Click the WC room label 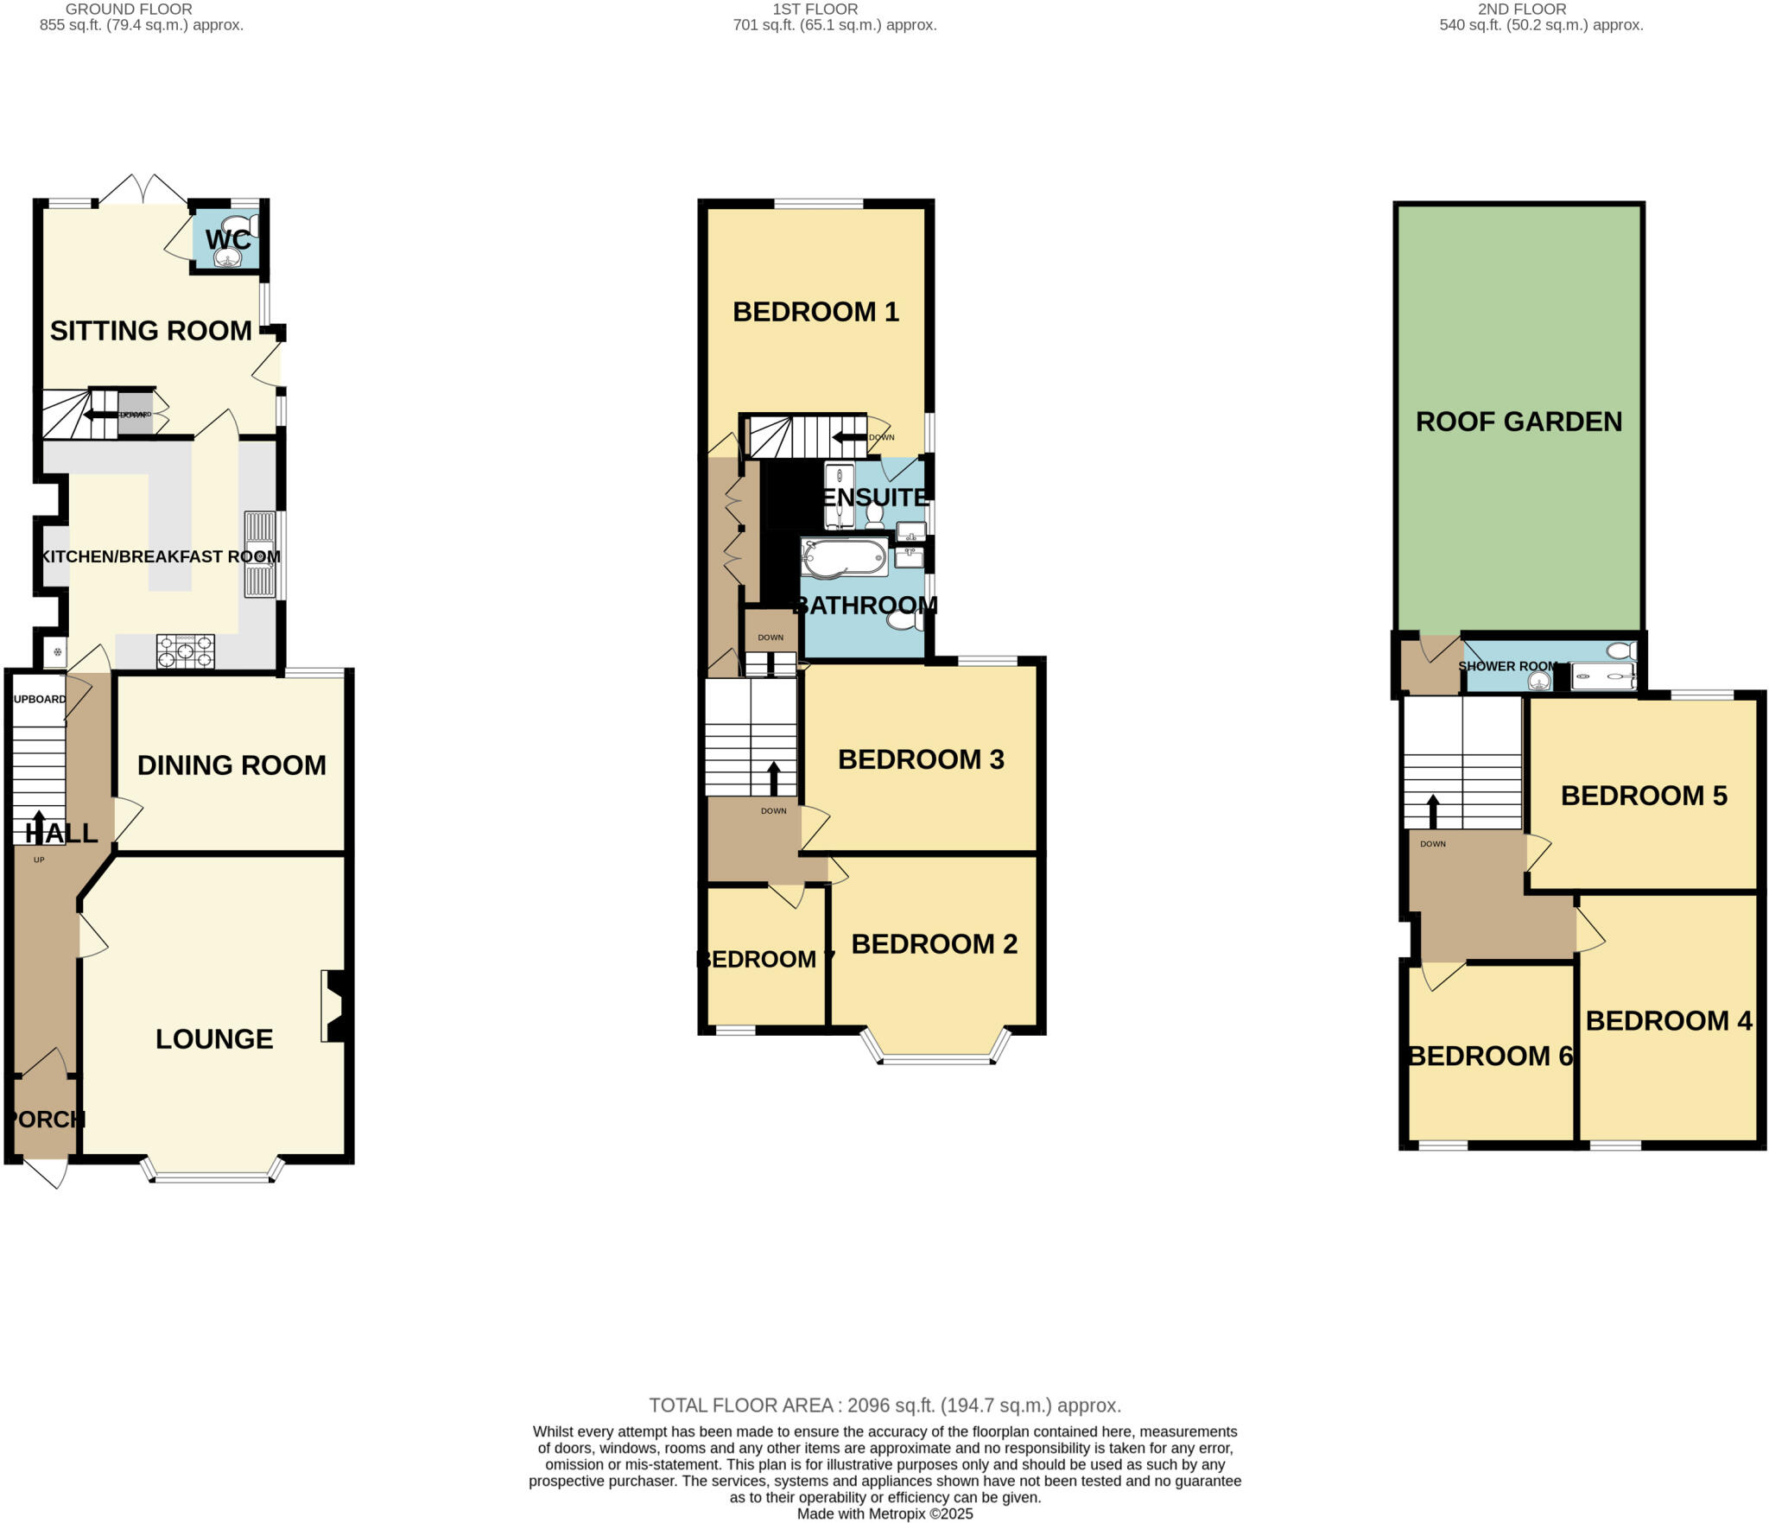[228, 239]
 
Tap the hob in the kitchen [185, 651]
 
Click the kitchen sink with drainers [260, 555]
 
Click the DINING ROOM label [231, 765]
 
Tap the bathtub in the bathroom [844, 557]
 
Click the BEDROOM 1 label [815, 312]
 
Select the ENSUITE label [874, 497]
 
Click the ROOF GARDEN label [1519, 422]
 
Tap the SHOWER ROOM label [1507, 666]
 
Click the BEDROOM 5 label [1643, 796]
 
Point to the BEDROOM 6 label [1490, 1056]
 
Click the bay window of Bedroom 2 [935, 1057]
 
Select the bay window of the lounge [212, 1176]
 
